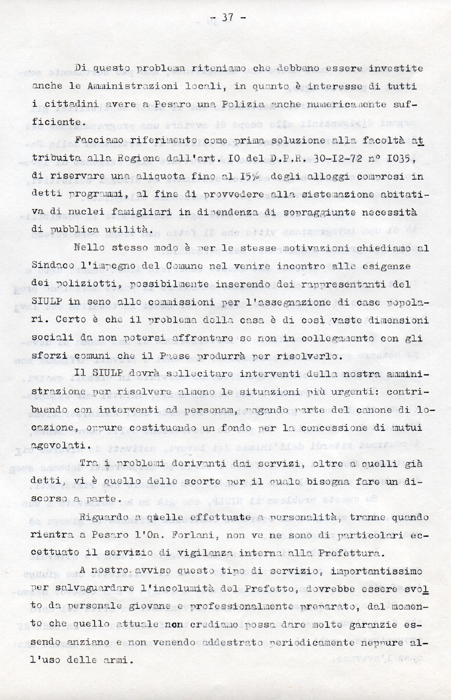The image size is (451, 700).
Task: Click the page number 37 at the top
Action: (228, 18)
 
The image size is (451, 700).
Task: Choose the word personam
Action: (213, 410)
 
